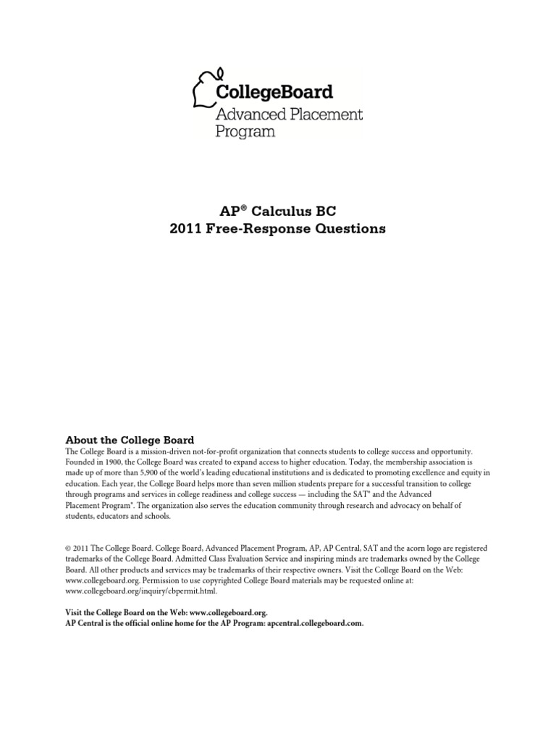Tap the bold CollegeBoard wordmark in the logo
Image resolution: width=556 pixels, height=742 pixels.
point(274,92)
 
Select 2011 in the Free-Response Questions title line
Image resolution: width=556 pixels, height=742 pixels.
point(188,229)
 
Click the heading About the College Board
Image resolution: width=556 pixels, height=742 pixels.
point(130,439)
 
